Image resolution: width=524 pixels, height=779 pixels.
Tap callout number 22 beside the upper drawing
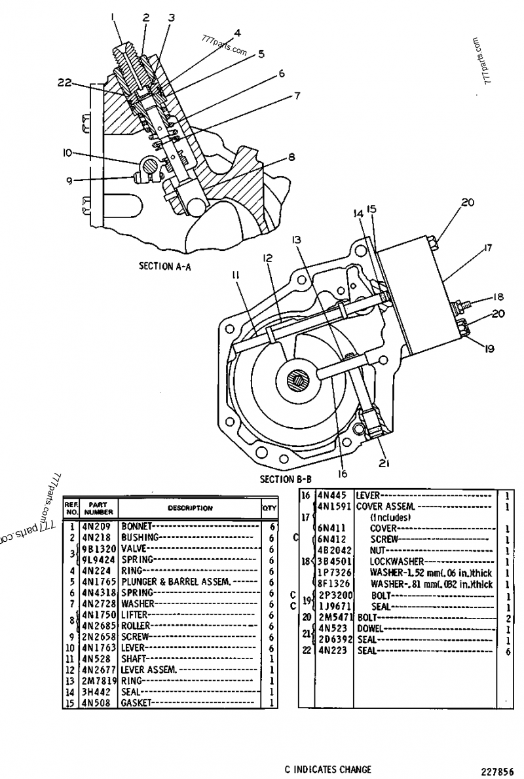click(x=64, y=83)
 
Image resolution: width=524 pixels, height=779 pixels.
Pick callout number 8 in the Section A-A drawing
click(x=291, y=157)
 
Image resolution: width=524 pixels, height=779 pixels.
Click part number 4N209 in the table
click(x=96, y=526)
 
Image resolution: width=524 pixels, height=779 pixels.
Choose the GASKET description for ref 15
click(x=136, y=703)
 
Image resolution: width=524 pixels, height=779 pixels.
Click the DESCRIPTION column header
click(x=190, y=508)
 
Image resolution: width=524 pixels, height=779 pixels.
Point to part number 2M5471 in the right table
click(x=335, y=617)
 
